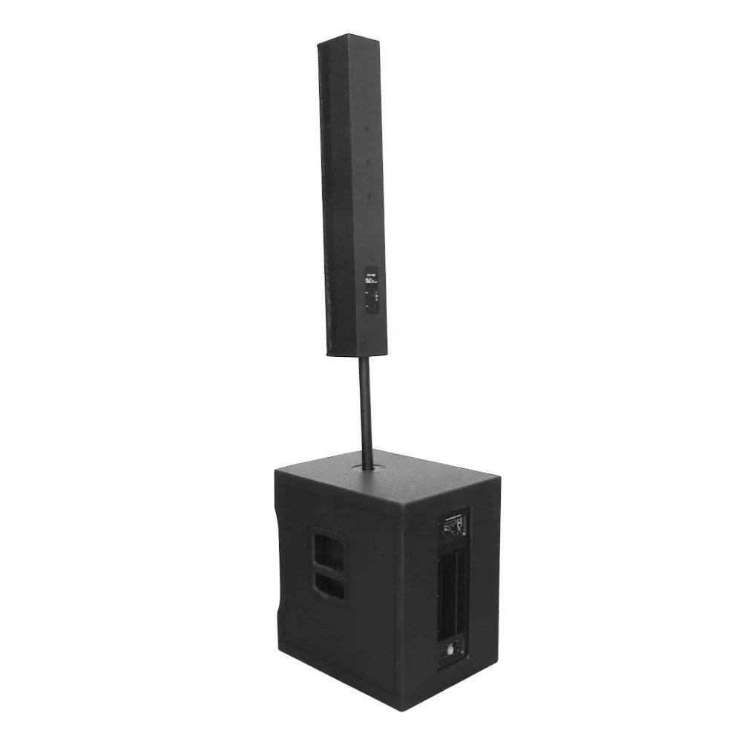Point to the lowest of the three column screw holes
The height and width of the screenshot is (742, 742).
point(369,195)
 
